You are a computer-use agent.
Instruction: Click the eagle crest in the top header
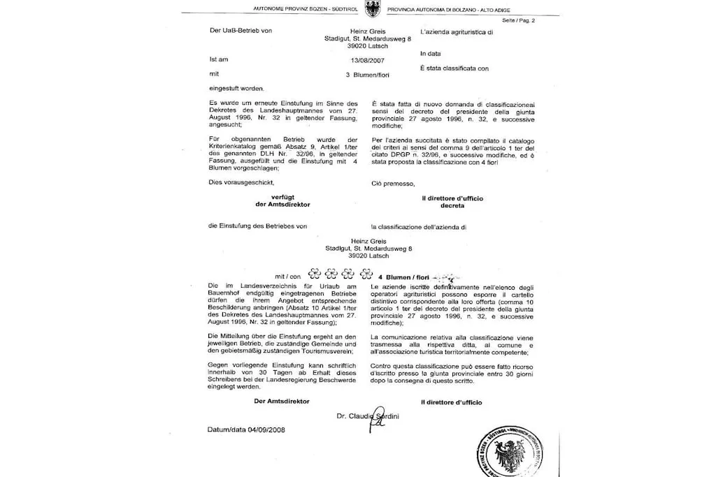(x=358, y=9)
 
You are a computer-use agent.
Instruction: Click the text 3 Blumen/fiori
(x=367, y=74)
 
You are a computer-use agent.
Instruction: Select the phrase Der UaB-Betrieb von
(x=241, y=31)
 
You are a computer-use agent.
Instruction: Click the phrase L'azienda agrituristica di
(x=457, y=32)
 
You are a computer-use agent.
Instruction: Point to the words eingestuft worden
(x=236, y=88)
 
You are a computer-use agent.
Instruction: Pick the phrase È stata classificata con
(x=454, y=68)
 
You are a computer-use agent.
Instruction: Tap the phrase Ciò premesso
(x=393, y=184)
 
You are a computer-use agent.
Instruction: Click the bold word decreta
(x=452, y=206)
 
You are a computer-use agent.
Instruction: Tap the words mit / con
(x=287, y=277)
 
